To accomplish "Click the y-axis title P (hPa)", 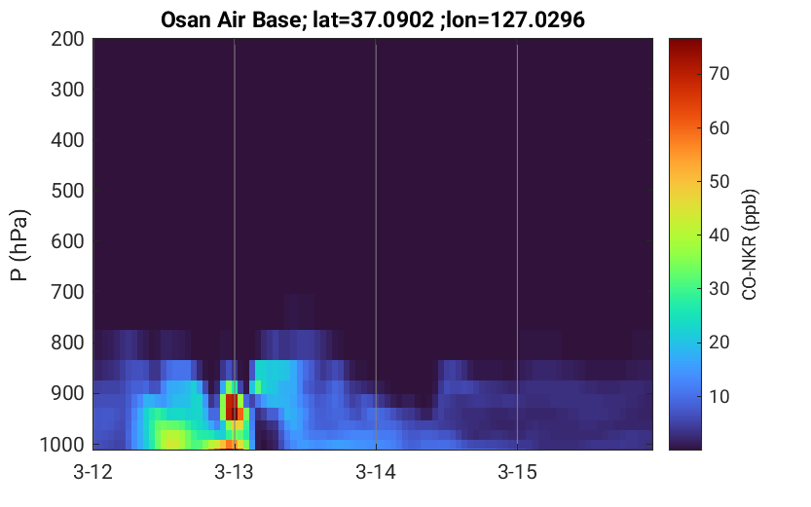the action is pos(20,245).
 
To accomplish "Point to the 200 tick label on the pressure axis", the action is pos(67,39).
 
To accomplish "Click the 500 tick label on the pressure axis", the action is pos(67,191).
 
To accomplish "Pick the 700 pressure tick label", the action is pos(67,292).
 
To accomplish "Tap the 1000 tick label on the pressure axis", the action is pos(62,444).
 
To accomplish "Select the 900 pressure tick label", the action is pos(67,393).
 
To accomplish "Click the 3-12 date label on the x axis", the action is pos(93,472).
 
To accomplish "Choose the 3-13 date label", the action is pos(235,472).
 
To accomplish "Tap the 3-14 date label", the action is pos(376,472).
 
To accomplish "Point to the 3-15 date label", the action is pos(517,472).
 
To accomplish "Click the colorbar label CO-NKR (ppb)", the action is pos(750,244).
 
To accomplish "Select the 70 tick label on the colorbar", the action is pos(719,74).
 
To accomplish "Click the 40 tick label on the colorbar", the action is pos(719,235).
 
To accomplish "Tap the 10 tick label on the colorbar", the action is pos(719,396).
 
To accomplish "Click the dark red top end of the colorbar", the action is pos(685,47).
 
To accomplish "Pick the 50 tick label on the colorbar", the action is pos(719,181).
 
